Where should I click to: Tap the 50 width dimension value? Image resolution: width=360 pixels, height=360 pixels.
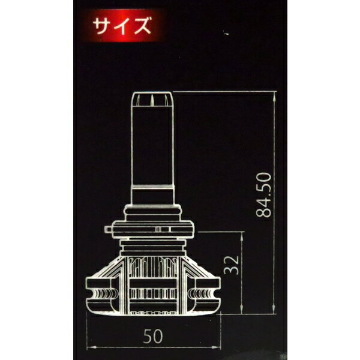[154, 337]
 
